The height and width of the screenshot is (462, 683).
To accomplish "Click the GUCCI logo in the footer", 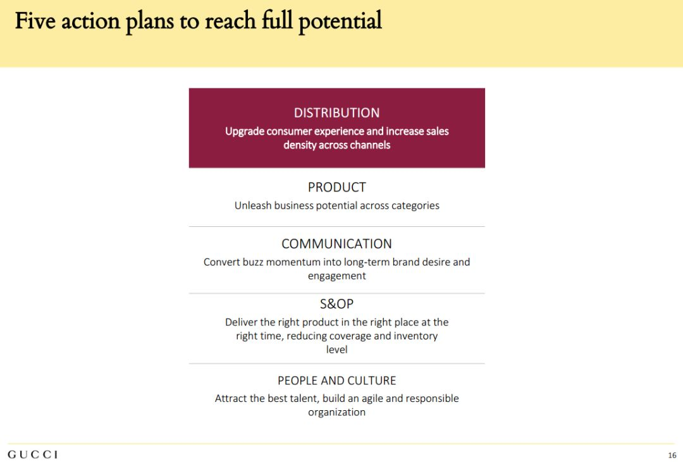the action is (x=33, y=454).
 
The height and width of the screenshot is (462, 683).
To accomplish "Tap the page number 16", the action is (x=672, y=455).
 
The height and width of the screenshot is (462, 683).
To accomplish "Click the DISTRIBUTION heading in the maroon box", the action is (x=336, y=112).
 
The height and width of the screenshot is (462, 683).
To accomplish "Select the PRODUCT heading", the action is (x=336, y=187).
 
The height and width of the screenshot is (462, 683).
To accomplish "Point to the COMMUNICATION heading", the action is (x=336, y=244).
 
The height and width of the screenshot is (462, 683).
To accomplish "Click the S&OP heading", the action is (x=336, y=303).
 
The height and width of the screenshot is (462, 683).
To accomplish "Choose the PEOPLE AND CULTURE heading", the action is (x=336, y=380).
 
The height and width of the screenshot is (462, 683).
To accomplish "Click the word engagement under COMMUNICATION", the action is (x=336, y=276).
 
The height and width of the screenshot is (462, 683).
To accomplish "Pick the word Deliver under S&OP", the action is (x=241, y=322).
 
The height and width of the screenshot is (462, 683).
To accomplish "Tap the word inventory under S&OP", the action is (x=415, y=336).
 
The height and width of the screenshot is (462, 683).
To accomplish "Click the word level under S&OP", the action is (x=336, y=350).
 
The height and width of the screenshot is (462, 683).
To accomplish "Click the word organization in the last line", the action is (x=336, y=412).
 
